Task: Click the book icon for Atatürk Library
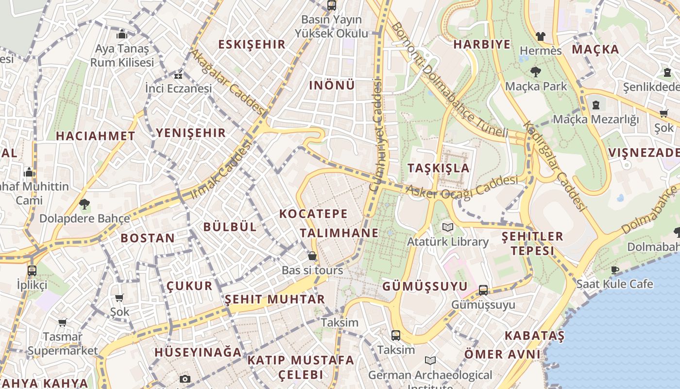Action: (448, 227)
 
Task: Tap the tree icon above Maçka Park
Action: (536, 72)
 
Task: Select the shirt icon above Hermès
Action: (540, 36)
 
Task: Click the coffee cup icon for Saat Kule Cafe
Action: (615, 270)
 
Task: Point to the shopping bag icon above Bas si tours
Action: (312, 256)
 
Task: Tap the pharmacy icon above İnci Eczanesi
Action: (179, 75)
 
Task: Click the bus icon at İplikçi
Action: (32, 270)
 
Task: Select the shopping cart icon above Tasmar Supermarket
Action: (63, 322)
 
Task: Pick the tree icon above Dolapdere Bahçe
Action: (85, 204)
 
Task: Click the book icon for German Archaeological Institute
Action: (430, 361)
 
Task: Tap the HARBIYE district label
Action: (482, 44)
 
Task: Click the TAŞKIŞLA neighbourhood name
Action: (439, 168)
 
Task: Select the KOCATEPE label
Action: (313, 213)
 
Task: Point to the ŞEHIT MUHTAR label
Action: (274, 299)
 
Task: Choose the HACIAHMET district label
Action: (95, 136)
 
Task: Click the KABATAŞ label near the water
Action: (534, 336)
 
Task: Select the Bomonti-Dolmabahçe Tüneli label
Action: (449, 80)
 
